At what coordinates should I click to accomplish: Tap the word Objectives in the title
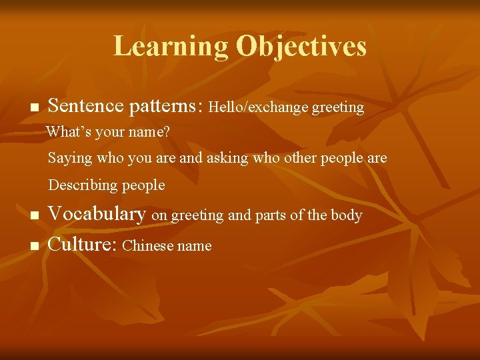301,46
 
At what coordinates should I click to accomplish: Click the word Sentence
86,106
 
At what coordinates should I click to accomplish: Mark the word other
301,159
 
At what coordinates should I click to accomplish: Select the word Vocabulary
97,214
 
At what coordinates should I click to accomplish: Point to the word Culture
83,245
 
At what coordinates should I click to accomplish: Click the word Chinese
147,246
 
